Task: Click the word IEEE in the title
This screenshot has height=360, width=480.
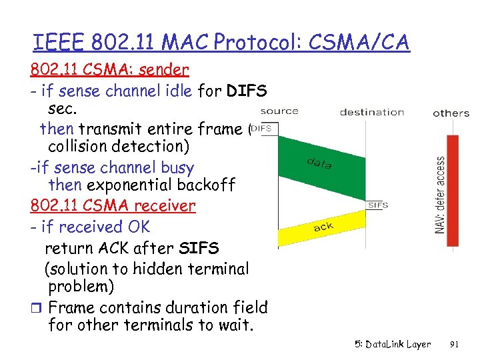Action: click(x=56, y=42)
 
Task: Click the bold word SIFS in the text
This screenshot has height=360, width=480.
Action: click(x=199, y=248)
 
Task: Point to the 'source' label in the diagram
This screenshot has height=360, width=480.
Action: click(x=279, y=111)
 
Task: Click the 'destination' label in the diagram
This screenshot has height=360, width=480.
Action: click(x=372, y=111)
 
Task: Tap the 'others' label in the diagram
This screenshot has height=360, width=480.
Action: click(x=451, y=113)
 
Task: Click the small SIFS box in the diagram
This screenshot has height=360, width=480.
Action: click(x=377, y=205)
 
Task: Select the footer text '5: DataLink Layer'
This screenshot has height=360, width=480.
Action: click(x=393, y=345)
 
